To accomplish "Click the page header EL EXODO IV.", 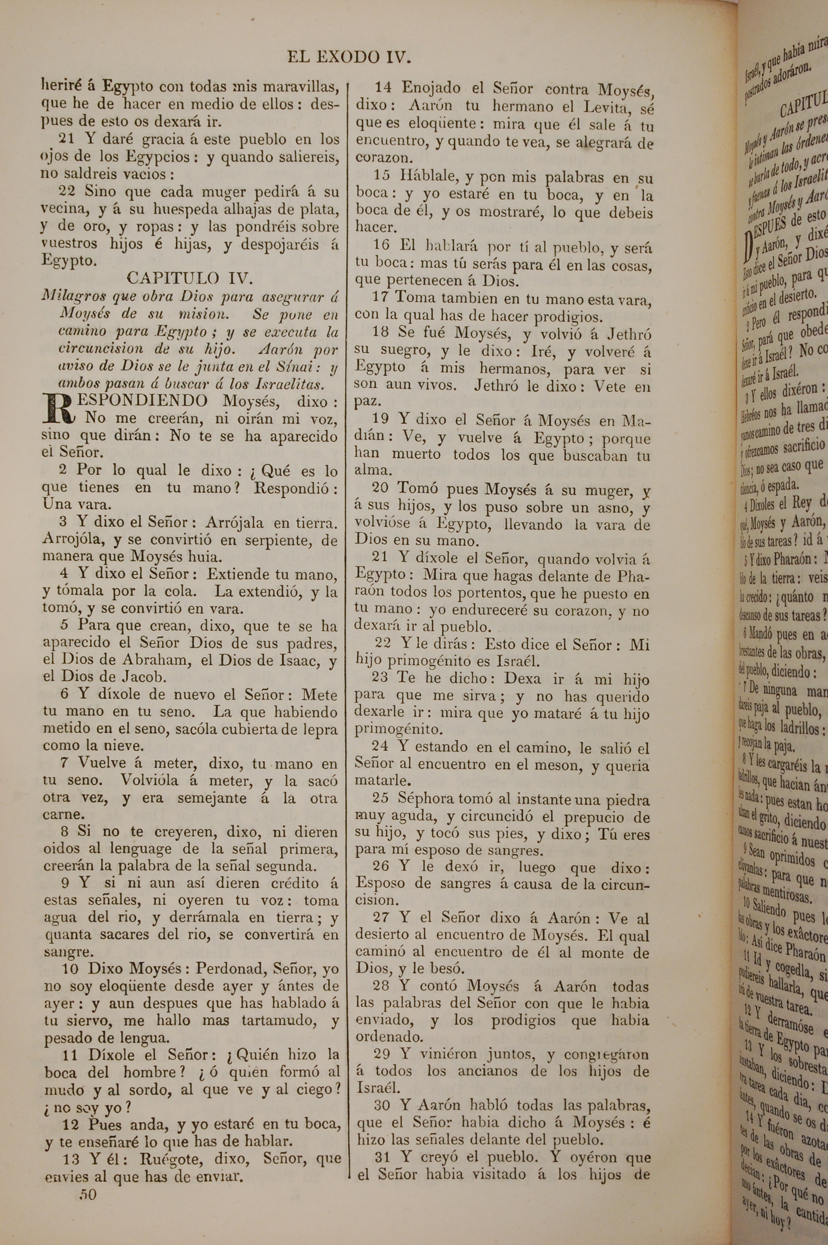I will tap(349, 57).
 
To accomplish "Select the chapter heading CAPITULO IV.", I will tap(190, 278).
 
